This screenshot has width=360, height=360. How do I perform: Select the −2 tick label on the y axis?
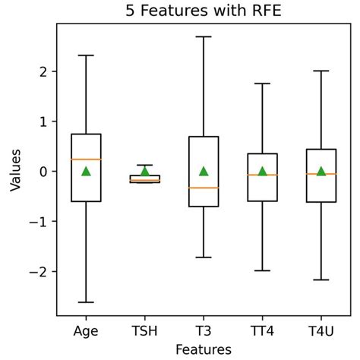41,272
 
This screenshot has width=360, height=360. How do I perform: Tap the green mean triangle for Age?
86,171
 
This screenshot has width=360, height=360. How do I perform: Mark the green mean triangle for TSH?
144,171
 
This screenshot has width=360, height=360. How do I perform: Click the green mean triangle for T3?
204,171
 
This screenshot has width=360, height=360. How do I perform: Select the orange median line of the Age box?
86,159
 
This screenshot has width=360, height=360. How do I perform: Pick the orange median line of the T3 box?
204,188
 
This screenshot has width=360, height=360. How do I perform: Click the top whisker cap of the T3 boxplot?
204,36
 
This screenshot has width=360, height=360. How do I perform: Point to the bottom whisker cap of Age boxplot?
86,302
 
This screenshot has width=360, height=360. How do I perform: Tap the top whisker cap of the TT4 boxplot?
262,84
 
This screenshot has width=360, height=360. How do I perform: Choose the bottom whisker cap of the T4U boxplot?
321,280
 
